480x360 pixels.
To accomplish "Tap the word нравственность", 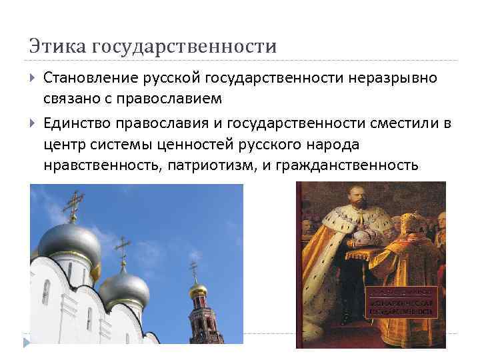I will tap(101, 165).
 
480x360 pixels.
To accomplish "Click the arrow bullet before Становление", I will tap(34, 79).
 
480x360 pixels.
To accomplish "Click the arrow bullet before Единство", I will tap(34, 124).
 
